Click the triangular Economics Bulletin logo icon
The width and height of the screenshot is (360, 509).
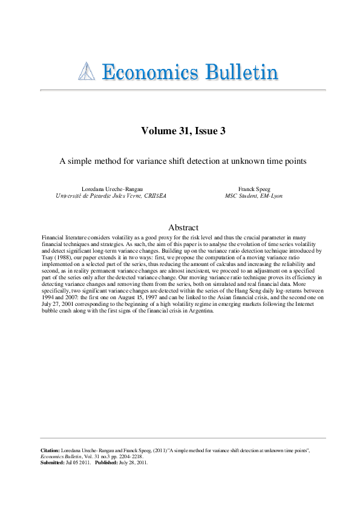click(x=88, y=73)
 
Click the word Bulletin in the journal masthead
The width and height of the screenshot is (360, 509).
click(x=241, y=73)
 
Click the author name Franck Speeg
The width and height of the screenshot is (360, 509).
click(x=253, y=190)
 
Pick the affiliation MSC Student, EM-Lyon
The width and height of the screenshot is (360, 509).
click(x=253, y=196)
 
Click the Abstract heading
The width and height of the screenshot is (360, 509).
click(x=183, y=227)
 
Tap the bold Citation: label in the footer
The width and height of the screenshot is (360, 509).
click(x=50, y=451)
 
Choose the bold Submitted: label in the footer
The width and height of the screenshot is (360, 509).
click(x=52, y=462)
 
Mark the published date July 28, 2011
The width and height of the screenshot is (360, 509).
click(x=135, y=462)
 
